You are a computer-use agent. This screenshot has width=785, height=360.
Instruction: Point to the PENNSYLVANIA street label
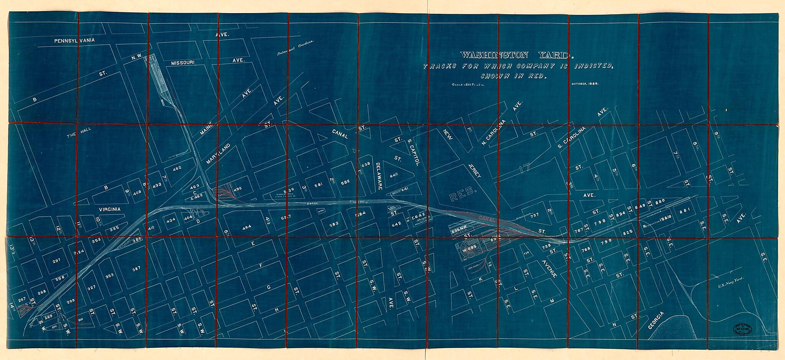tap(74, 40)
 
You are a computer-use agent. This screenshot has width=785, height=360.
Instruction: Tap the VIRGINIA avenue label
tap(110, 209)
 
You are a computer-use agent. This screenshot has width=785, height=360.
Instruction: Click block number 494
tap(246, 227)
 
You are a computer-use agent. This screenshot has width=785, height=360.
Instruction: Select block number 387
tap(136, 269)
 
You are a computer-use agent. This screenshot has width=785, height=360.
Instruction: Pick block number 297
tap(56, 261)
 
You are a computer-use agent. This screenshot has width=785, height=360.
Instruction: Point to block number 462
tap(177, 168)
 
